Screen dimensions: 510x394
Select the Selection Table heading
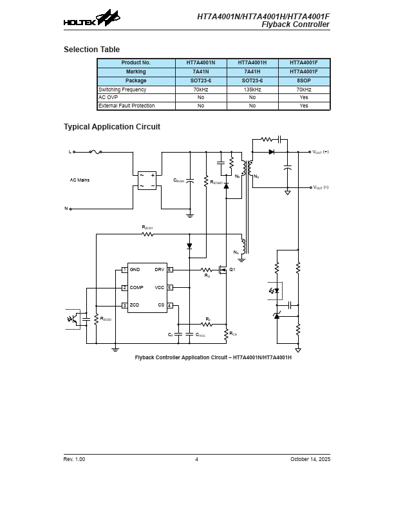(x=91, y=50)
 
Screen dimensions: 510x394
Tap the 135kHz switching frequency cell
(x=252, y=90)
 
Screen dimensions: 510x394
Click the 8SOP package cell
(x=305, y=80)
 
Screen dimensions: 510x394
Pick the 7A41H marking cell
(x=252, y=71)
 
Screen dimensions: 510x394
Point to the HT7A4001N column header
(x=201, y=62)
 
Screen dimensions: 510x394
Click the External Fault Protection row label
(x=126, y=106)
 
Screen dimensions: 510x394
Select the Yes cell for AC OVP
(x=305, y=97)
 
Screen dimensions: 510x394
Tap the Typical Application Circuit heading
(x=111, y=127)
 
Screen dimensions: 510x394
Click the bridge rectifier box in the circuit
(x=147, y=180)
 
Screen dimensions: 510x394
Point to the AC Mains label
(x=80, y=180)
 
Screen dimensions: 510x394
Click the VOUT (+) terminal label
(x=320, y=152)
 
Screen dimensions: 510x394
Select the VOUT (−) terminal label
(x=320, y=187)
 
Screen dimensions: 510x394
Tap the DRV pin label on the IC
(x=160, y=269)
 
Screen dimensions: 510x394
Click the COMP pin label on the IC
(x=136, y=287)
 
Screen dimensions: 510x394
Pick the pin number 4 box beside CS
(x=169, y=305)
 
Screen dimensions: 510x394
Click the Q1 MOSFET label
(x=232, y=269)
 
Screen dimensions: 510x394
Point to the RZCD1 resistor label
(x=147, y=227)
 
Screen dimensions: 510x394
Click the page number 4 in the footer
(x=197, y=459)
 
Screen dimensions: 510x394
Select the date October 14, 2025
(x=310, y=459)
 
